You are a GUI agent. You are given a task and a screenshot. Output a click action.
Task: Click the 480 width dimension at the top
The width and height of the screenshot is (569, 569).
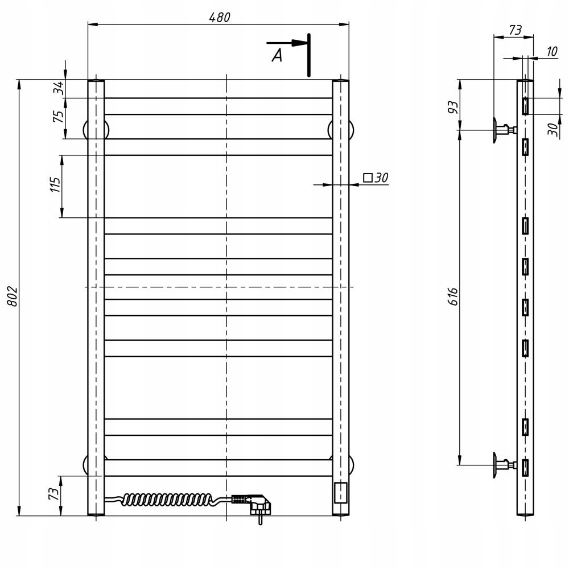(219, 18)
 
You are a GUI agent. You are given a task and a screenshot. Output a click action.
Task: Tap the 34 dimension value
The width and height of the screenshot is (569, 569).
(58, 88)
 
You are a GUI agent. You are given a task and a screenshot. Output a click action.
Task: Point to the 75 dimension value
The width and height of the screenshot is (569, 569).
(58, 117)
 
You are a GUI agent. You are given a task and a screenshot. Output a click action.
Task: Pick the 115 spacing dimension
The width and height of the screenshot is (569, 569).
(55, 185)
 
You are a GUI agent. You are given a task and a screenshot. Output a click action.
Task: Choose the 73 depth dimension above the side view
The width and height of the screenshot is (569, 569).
(515, 31)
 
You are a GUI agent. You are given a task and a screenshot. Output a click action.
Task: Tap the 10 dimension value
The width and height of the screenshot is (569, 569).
(551, 52)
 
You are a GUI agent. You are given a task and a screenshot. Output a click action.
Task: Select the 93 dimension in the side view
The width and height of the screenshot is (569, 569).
(452, 106)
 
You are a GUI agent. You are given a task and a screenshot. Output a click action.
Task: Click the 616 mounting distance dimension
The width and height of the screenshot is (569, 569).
(453, 297)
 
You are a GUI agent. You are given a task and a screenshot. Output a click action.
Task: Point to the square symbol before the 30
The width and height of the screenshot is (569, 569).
(368, 178)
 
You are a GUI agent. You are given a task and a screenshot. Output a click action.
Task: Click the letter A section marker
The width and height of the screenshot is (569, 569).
(277, 56)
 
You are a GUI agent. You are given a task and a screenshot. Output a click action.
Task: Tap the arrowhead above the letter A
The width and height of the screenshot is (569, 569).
(297, 43)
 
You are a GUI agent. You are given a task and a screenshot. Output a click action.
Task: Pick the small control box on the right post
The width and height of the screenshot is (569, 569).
(340, 492)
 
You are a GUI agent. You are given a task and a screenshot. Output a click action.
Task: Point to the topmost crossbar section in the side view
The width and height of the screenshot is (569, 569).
(525, 106)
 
